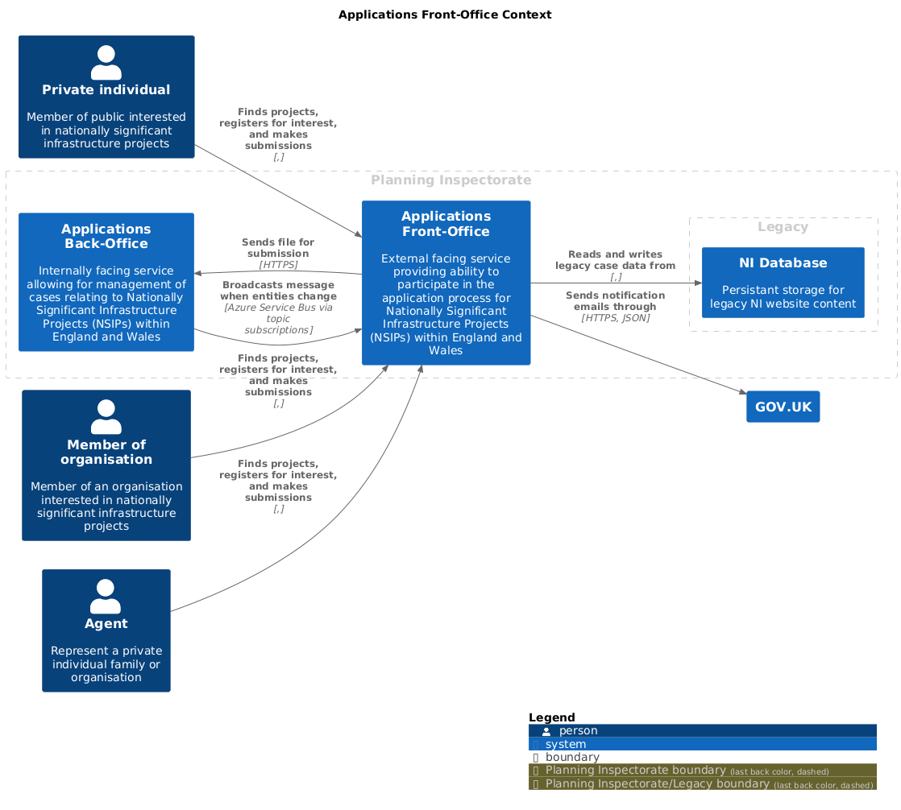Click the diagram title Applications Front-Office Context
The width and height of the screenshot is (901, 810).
tap(445, 15)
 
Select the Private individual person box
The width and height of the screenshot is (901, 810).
tap(106, 97)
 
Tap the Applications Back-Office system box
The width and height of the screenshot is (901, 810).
tap(106, 282)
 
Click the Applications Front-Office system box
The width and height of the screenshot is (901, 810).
tap(446, 283)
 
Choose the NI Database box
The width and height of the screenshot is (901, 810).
tap(783, 283)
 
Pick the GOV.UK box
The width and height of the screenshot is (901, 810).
tap(783, 407)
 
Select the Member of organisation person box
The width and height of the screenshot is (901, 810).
tap(106, 465)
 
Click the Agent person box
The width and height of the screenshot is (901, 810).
tap(106, 630)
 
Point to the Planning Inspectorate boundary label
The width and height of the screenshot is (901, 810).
tap(451, 180)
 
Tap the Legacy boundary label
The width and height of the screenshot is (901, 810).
tap(783, 227)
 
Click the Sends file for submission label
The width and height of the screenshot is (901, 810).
tap(278, 248)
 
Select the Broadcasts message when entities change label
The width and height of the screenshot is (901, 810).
tap(278, 291)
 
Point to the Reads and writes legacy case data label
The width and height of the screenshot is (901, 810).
tap(615, 260)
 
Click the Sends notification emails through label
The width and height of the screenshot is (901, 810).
tap(615, 301)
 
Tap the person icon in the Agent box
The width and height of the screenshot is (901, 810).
tap(106, 597)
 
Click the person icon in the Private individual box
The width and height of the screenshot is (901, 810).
tap(106, 63)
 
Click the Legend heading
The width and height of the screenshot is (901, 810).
tap(551, 717)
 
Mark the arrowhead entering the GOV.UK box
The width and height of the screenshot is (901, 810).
tap(743, 392)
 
